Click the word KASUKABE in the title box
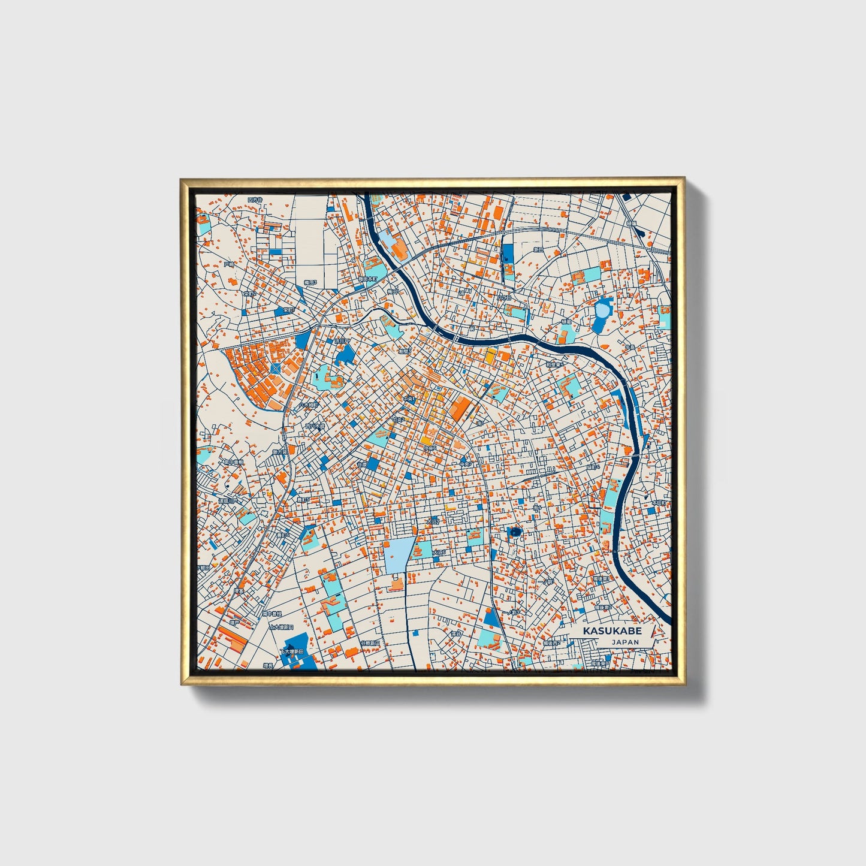point(612,631)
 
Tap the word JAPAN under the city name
point(625,642)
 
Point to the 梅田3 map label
point(310,281)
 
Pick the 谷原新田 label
point(370,643)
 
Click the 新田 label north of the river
point(538,249)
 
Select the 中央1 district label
point(409,399)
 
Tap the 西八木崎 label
point(315,427)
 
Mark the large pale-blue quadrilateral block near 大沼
point(399,555)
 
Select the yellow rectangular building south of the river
point(490,357)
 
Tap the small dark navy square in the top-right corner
point(627,196)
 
